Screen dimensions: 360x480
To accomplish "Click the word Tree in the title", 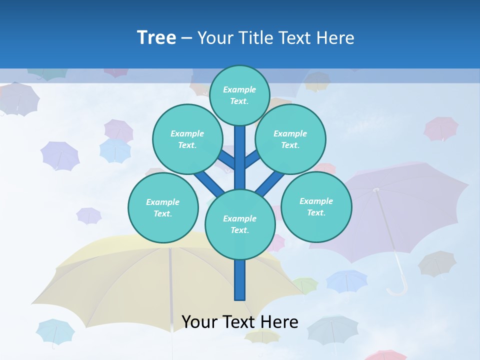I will coord(156,37).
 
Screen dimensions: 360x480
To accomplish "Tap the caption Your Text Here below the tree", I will coord(239,321).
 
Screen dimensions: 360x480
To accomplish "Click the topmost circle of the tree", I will coord(239,95).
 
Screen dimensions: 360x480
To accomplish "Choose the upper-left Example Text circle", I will coord(187,139).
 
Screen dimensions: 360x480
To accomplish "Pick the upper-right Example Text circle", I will coord(290,139).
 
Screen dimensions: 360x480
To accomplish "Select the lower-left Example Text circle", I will coord(163,207).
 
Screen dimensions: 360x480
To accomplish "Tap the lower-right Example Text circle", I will coord(316,206).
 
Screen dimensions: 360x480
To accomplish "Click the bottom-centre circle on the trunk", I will coord(240,224).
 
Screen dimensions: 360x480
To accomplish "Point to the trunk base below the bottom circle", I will coord(240,280).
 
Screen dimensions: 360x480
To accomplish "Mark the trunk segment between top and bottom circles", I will coord(240,157).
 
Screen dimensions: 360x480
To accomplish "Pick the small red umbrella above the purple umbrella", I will coord(441,128).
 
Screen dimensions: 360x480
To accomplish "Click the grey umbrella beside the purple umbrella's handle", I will coord(437,263).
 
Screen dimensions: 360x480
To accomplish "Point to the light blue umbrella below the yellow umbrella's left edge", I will coord(55,330).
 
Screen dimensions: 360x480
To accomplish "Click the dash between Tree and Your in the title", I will coord(186,38).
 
